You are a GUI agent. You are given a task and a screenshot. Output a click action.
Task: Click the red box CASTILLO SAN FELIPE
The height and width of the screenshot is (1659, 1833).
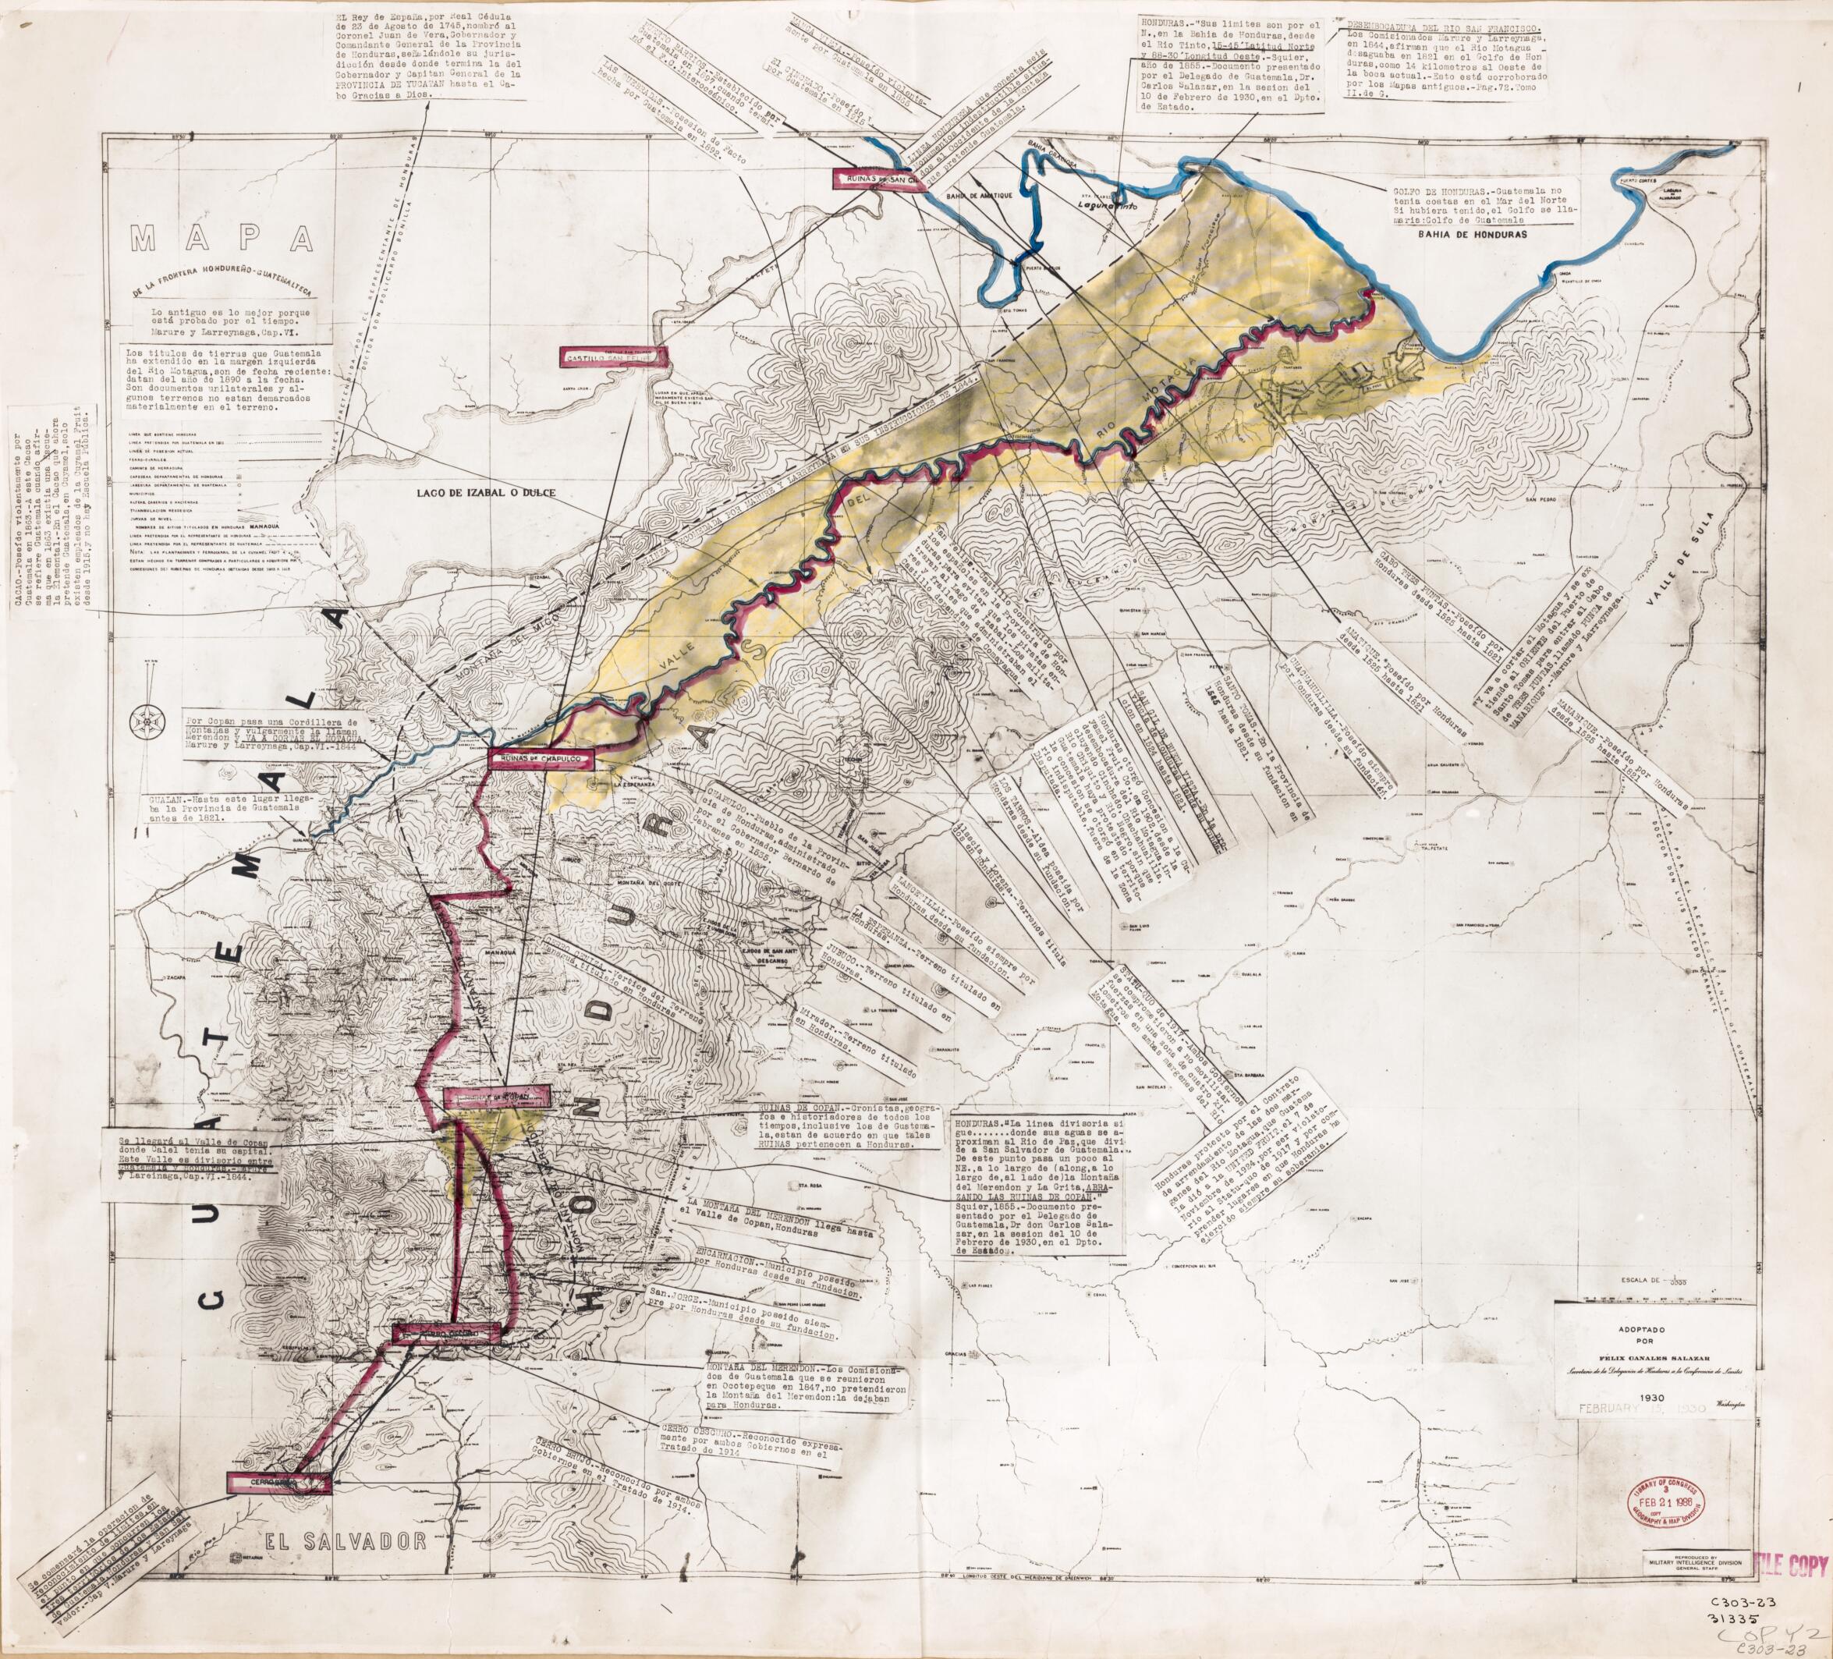click(614, 357)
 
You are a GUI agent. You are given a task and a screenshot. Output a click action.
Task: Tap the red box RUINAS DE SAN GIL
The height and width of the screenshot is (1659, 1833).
click(877, 179)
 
